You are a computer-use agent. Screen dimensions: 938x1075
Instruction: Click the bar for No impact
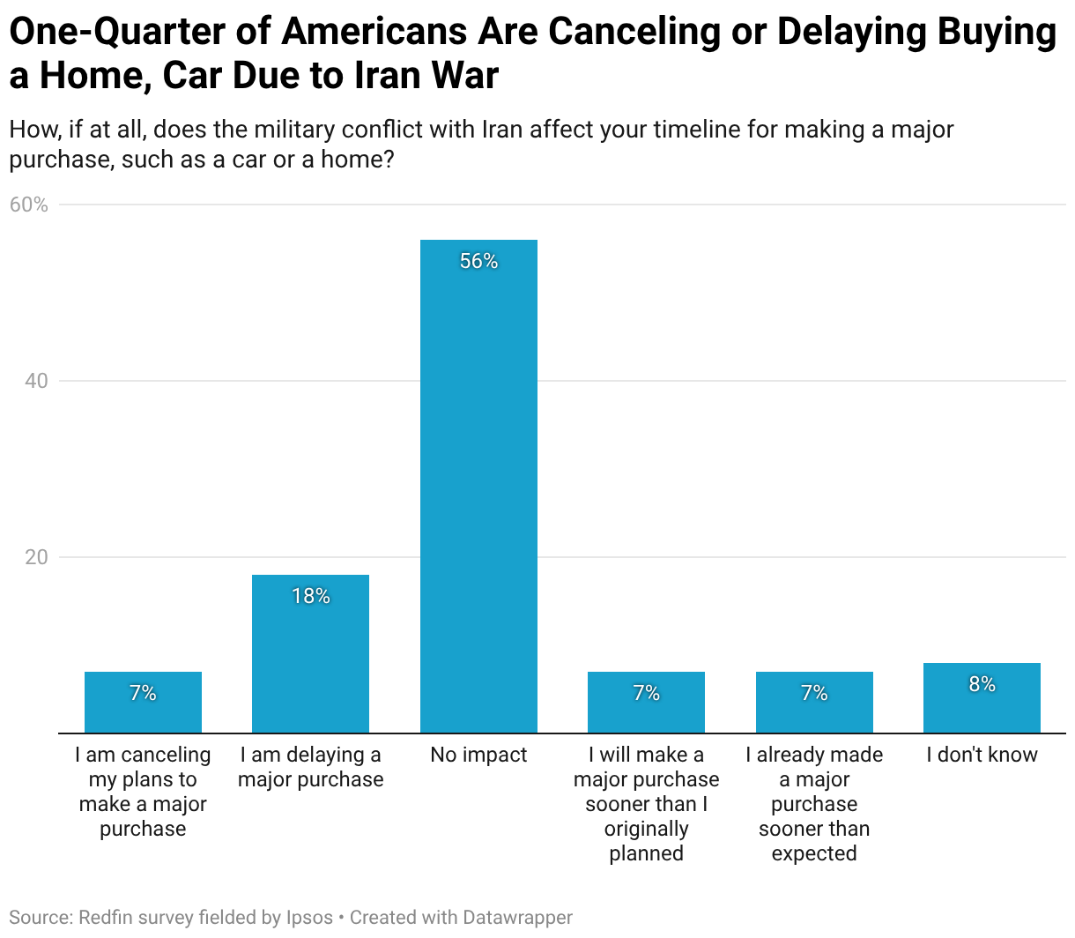478,486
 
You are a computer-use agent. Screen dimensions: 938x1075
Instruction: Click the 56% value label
478,261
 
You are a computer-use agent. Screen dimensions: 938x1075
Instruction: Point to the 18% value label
310,596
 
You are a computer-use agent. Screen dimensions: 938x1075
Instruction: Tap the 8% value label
982,684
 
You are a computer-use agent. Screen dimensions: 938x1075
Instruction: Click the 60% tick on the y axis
28,205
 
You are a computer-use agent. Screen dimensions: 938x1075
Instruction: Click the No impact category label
478,755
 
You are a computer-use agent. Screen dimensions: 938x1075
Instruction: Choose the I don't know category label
982,755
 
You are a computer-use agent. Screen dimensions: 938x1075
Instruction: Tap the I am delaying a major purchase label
310,767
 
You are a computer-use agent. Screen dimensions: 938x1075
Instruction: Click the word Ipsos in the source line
309,918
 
